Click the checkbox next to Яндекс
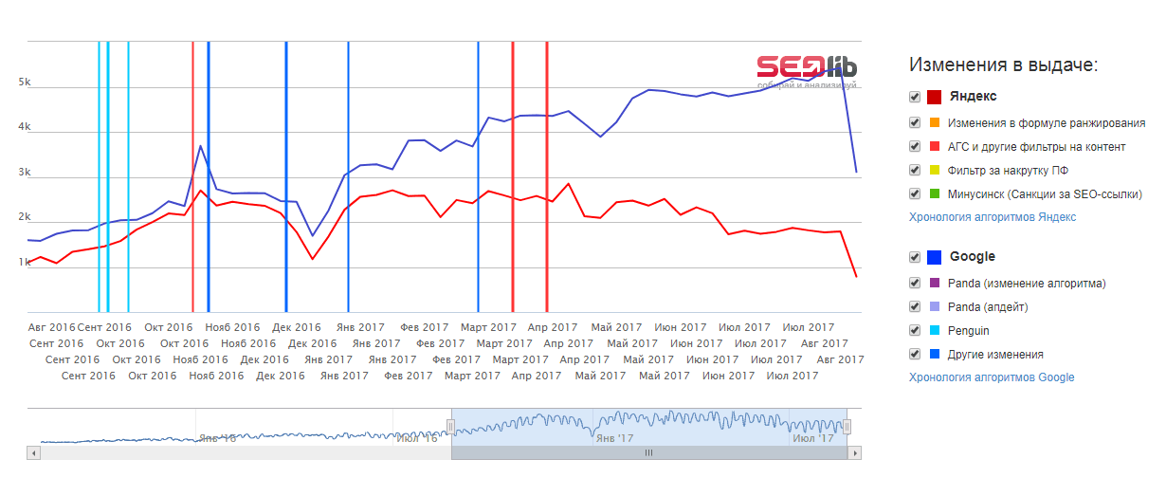tap(914, 97)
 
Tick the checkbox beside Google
tap(914, 257)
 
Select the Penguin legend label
tap(968, 331)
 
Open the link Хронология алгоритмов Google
tap(992, 377)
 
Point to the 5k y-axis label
tap(25, 83)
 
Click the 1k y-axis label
tap(25, 262)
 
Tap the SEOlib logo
tap(807, 66)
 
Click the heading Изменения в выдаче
tap(1003, 64)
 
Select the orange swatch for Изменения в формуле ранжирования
tap(935, 122)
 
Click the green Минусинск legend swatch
tap(935, 193)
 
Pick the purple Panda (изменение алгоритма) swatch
tap(935, 283)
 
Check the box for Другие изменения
tap(914, 355)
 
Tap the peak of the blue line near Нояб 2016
tap(201, 146)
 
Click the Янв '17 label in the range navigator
tap(612, 438)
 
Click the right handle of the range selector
tap(847, 427)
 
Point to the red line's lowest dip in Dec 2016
tap(312, 258)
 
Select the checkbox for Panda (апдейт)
tap(914, 307)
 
